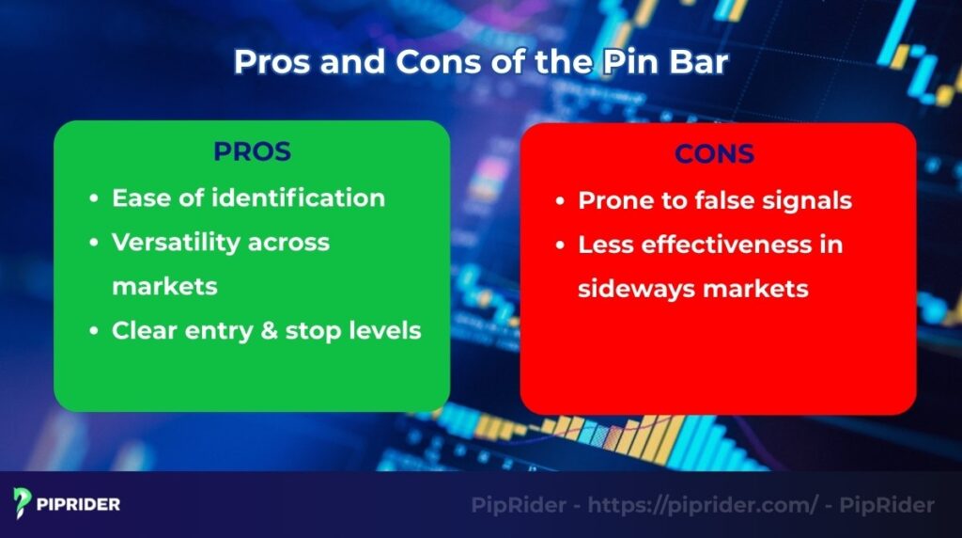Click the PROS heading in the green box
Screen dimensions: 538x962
(x=252, y=151)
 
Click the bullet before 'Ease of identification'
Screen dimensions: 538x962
(x=93, y=199)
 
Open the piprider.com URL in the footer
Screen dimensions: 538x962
(x=703, y=505)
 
